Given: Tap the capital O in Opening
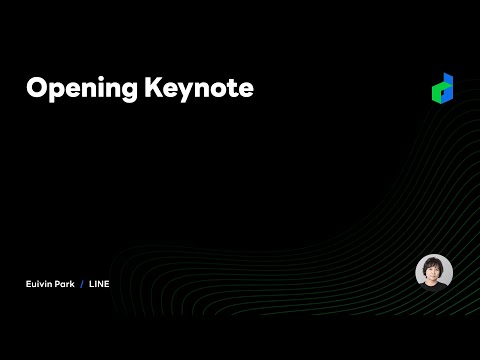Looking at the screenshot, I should (x=37, y=88).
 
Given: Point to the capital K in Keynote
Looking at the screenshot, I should (x=155, y=88).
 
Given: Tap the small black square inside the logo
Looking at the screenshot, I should (x=442, y=91).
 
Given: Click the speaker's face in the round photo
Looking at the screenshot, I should (x=434, y=271).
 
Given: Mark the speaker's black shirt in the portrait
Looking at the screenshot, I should (x=434, y=286).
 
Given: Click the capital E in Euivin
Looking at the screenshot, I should (x=28, y=284).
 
